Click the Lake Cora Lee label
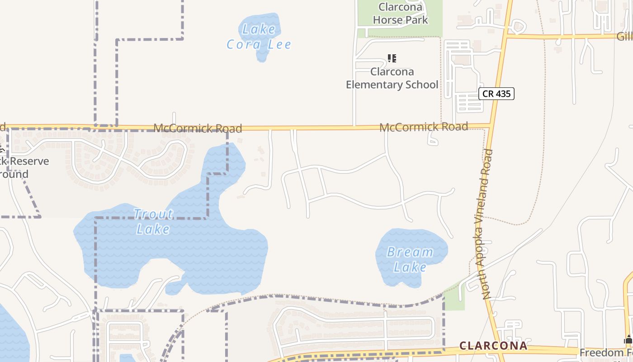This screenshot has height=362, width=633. (259, 37)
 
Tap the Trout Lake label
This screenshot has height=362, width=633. (153, 221)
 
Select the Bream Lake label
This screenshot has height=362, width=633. (410, 259)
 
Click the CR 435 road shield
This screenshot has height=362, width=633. (496, 94)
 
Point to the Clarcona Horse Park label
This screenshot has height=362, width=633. (401, 13)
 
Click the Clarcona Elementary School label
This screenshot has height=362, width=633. (392, 78)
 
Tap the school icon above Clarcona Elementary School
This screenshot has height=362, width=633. (392, 58)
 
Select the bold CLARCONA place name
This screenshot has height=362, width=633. (493, 346)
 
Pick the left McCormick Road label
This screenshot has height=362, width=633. (198, 129)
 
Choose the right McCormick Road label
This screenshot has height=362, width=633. (423, 127)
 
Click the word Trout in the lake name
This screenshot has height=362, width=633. (153, 214)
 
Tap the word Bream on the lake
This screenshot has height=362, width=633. (410, 252)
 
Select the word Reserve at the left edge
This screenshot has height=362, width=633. (29, 161)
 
